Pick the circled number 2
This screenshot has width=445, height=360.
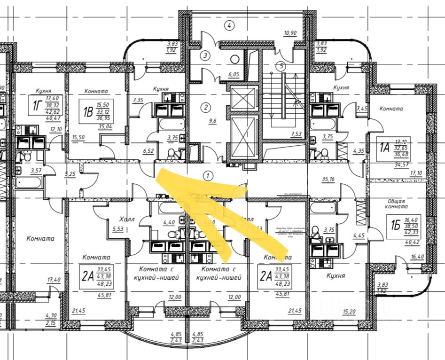click(x=205, y=107)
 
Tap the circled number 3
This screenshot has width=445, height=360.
click(x=205, y=55)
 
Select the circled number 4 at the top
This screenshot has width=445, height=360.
click(x=229, y=25)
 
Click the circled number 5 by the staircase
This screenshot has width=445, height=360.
click(x=281, y=66)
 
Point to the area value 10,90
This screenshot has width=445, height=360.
click(x=290, y=33)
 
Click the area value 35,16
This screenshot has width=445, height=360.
click(x=328, y=179)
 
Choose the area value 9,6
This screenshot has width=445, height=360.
click(x=212, y=120)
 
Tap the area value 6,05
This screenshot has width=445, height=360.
click(x=234, y=74)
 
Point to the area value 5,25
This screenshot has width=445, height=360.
click(x=70, y=174)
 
